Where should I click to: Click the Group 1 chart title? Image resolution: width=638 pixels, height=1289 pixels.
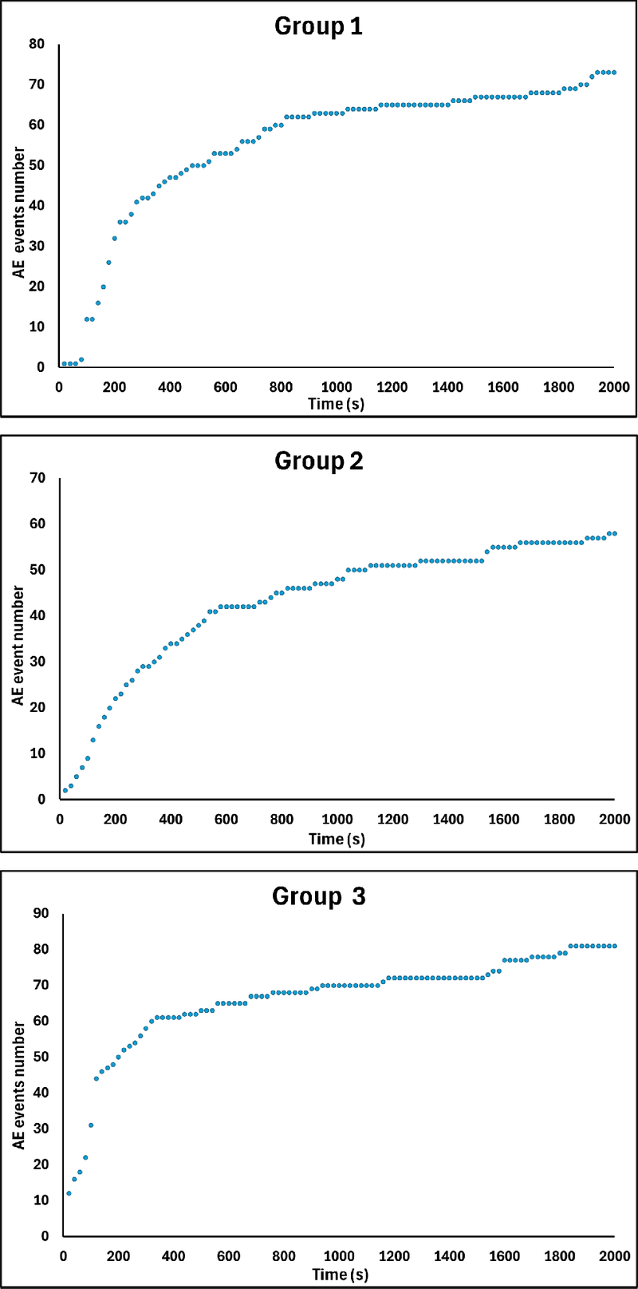click(x=318, y=26)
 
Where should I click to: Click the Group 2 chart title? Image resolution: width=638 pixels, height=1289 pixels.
click(x=318, y=461)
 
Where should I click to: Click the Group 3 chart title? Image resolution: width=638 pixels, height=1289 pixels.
click(x=318, y=896)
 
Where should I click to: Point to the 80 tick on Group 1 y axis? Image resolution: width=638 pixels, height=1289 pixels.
click(x=37, y=44)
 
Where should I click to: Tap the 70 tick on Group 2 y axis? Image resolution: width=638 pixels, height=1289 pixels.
click(x=37, y=478)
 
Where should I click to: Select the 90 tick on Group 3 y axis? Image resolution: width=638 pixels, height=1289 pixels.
click(x=40, y=913)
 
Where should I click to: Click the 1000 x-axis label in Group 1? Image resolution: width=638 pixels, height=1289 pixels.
click(x=336, y=387)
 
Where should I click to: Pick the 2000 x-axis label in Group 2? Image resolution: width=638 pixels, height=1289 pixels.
click(x=613, y=819)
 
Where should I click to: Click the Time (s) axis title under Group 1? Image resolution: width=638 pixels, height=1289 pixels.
click(x=336, y=404)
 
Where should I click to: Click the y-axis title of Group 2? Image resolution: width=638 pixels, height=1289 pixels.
click(x=18, y=645)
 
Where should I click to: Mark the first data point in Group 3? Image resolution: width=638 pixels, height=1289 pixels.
click(x=69, y=1193)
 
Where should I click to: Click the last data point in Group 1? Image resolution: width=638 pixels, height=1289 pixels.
click(x=613, y=73)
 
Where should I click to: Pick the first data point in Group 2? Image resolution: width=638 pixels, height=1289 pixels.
click(x=65, y=790)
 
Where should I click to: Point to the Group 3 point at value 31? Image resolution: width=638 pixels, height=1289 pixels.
click(x=91, y=1125)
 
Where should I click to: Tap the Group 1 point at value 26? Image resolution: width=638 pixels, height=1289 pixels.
click(x=108, y=263)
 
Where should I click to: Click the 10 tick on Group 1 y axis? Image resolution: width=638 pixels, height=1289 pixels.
click(x=37, y=327)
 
